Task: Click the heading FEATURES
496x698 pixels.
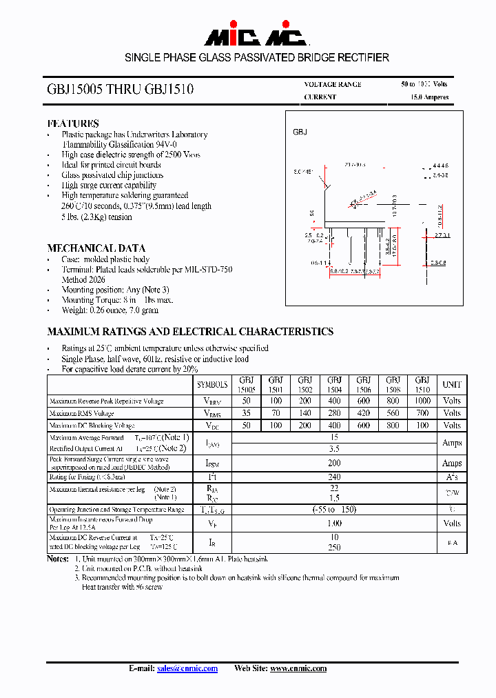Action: pos(73,123)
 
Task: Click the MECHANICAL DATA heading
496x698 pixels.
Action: pos(96,248)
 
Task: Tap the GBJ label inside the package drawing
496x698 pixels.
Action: pos(300,132)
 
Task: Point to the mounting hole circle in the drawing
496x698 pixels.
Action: pos(355,203)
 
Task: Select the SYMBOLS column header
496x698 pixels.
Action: pos(212,384)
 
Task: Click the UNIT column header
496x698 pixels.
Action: pos(452,384)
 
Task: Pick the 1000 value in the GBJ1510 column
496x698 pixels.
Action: pos(422,401)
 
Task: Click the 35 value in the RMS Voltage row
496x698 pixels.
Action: pos(246,413)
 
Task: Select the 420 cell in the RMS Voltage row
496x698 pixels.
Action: pos(363,413)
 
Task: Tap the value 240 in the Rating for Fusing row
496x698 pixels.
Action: pos(334,476)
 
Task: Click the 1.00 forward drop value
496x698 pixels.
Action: pos(334,523)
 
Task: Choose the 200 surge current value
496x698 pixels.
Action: pos(334,463)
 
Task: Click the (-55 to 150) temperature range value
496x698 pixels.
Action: pos(334,509)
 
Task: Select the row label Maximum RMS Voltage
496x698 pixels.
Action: pos(81,413)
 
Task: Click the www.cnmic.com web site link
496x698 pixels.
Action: pos(298,668)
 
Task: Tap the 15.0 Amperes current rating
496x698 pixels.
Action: pos(429,97)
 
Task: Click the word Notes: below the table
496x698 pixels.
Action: pos(58,559)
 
